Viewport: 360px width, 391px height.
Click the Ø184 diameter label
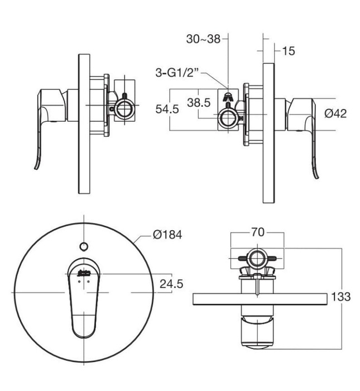(x=167, y=235)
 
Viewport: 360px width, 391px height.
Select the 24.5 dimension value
(x=171, y=284)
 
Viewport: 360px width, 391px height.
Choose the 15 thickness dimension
(x=289, y=51)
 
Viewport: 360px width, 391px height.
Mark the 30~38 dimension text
(x=203, y=39)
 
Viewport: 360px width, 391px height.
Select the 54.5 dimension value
(x=167, y=109)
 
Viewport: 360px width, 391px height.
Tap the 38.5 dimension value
(x=198, y=103)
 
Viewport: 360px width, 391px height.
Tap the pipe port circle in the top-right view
(x=227, y=117)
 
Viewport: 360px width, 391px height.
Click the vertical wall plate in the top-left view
(x=84, y=124)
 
